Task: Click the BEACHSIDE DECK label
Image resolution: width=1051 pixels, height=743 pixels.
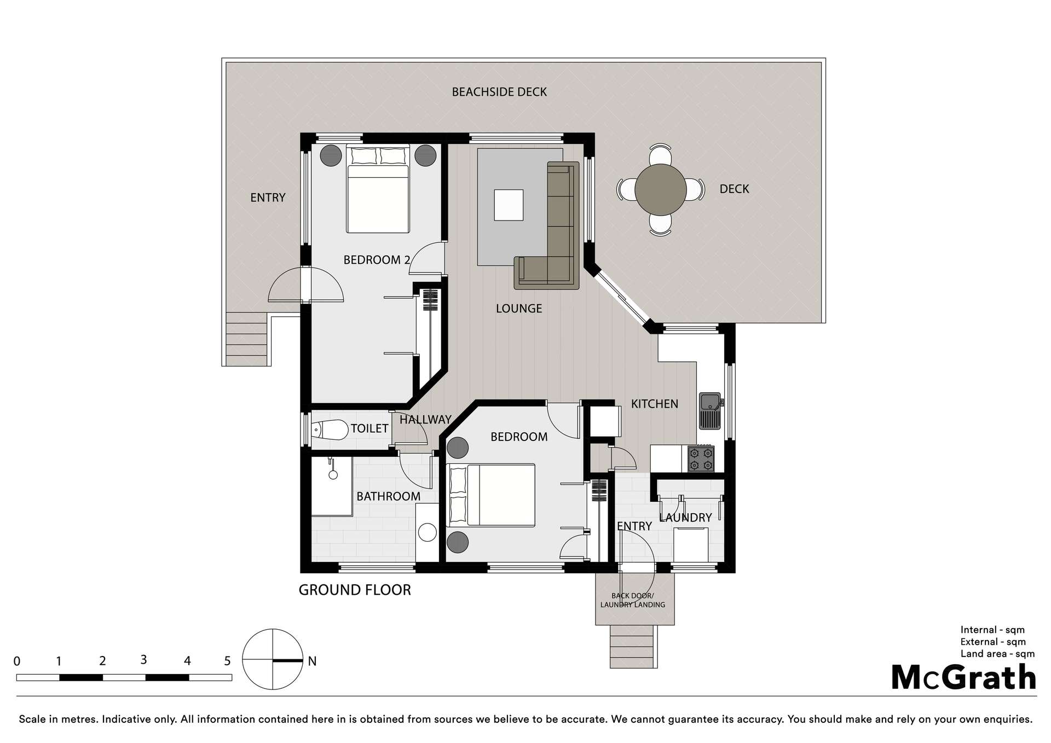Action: [499, 92]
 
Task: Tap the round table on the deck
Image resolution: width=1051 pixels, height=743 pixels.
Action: [660, 190]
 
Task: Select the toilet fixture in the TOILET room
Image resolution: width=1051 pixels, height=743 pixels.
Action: [330, 430]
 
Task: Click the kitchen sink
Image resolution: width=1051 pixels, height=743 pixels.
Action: [711, 410]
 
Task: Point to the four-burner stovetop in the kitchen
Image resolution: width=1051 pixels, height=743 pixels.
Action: [701, 458]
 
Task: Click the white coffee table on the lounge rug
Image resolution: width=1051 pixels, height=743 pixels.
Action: [508, 205]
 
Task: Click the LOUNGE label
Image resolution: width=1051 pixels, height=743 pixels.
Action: [518, 309]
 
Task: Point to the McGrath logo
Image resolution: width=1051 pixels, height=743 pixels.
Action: [963, 678]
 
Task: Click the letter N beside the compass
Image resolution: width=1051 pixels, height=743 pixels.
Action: [312, 661]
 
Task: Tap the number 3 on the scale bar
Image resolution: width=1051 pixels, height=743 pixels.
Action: [143, 660]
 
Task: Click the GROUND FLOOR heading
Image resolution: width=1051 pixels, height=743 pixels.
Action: [354, 590]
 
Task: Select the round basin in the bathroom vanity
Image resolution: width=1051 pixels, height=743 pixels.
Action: [427, 532]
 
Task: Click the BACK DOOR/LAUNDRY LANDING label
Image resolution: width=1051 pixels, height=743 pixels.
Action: [633, 600]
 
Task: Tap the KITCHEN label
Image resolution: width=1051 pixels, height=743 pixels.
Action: [654, 404]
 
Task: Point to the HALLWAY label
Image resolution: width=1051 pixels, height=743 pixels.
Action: [425, 420]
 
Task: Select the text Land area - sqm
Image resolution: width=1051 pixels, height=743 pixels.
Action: [997, 654]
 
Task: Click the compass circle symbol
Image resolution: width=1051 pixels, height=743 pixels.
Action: [272, 659]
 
